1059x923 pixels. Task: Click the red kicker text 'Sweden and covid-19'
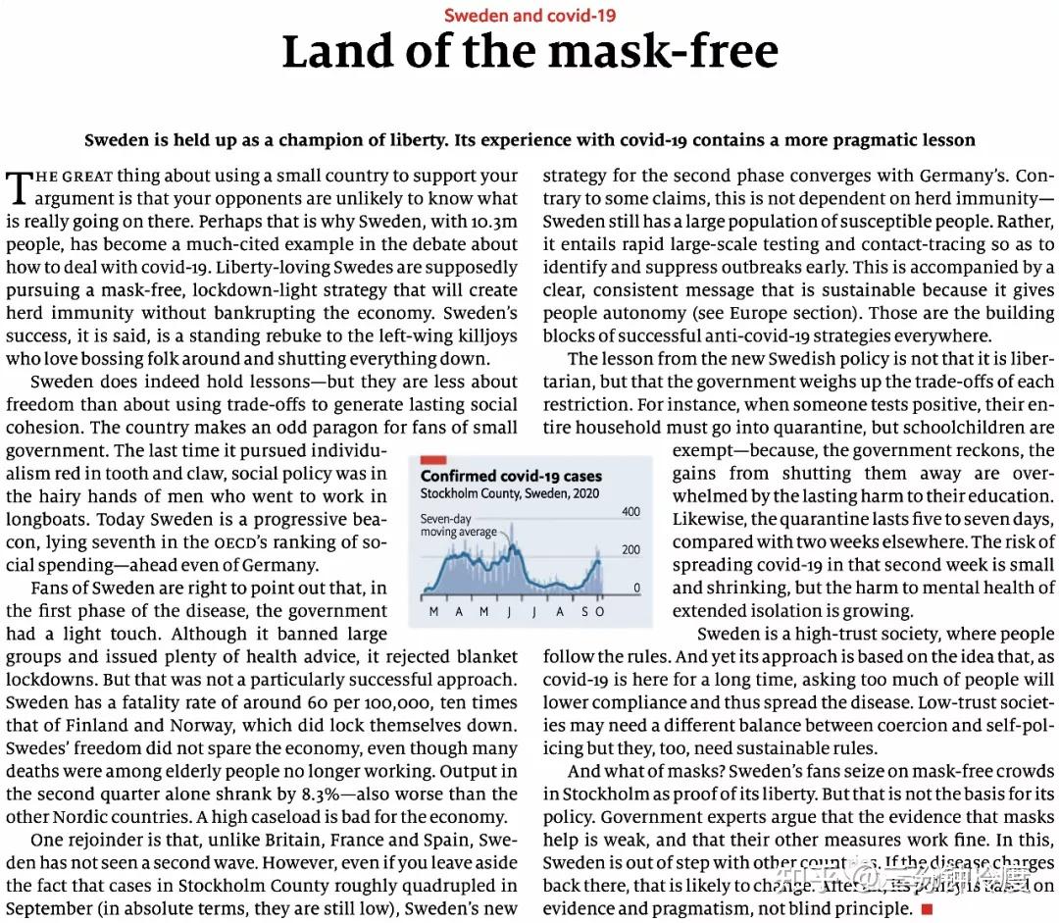pyautogui.click(x=529, y=15)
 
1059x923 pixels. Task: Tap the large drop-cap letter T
pyautogui.click(x=19, y=187)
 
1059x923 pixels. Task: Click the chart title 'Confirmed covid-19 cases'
pyautogui.click(x=511, y=476)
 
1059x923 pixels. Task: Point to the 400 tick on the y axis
pyautogui.click(x=630, y=512)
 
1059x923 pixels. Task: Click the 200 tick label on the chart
pyautogui.click(x=630, y=550)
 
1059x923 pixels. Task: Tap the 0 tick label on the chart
pyautogui.click(x=636, y=589)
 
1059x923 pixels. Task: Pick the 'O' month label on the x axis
pyautogui.click(x=600, y=612)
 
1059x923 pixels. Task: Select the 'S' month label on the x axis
pyautogui.click(x=583, y=612)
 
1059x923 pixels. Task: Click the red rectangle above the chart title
pyautogui.click(x=433, y=459)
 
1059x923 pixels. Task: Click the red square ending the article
pyautogui.click(x=927, y=909)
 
